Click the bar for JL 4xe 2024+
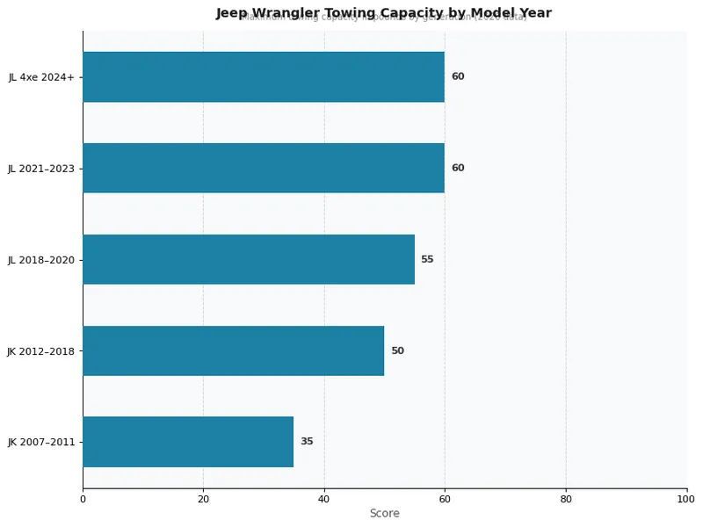264,76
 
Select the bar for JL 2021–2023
264,168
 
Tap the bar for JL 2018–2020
249,259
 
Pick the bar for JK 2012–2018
234,350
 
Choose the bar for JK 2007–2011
188,442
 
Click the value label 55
427,259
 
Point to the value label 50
397,350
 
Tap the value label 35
307,442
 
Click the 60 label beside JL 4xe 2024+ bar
458,76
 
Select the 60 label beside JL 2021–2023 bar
458,168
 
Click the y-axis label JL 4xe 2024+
41,77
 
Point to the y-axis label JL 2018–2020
41,260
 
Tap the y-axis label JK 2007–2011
41,443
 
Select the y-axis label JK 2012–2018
41,351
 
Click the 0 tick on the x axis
83,500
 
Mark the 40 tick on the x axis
324,500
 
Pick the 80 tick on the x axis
566,500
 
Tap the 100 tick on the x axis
686,500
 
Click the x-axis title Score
384,514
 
